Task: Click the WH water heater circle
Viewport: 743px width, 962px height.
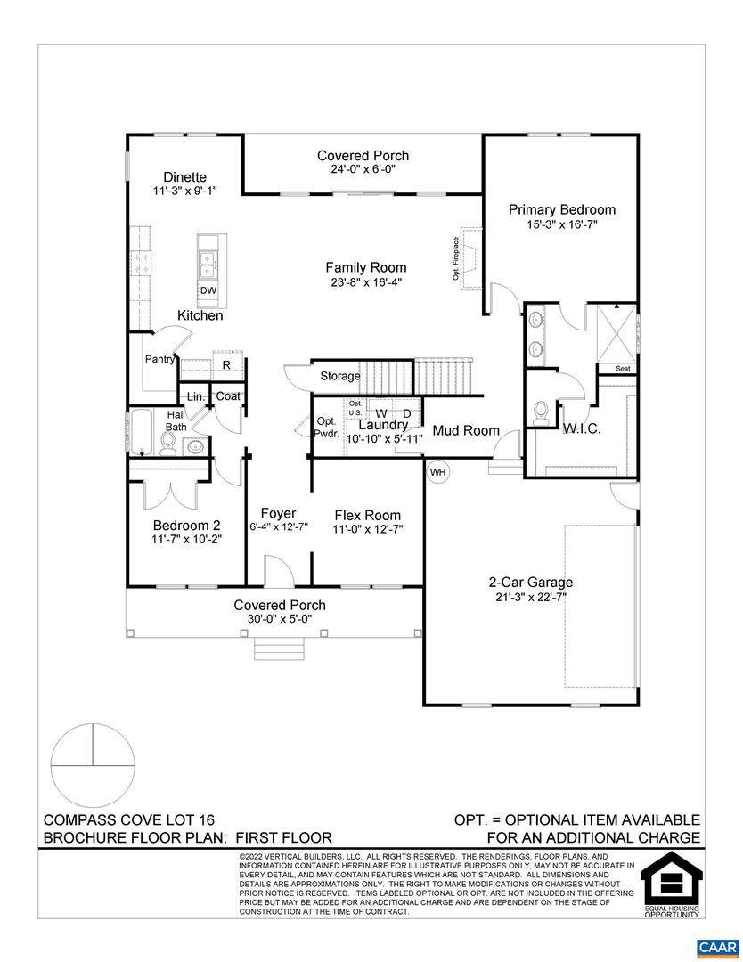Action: click(x=437, y=472)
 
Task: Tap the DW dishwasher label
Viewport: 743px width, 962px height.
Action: click(x=208, y=290)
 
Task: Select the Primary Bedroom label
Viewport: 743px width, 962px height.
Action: click(x=562, y=210)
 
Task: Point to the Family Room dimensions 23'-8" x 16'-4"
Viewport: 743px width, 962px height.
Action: click(x=365, y=283)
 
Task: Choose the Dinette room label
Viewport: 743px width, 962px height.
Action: click(x=184, y=177)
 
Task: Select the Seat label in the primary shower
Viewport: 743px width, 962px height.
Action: click(x=623, y=369)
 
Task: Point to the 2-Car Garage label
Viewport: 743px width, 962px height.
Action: click(x=531, y=583)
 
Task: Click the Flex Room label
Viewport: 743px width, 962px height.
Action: click(x=368, y=516)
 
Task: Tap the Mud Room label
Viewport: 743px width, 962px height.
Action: click(x=466, y=431)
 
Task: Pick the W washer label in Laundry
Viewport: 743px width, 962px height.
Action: click(x=381, y=413)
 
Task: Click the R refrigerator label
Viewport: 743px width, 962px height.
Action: click(x=226, y=365)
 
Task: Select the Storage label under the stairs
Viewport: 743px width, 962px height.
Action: click(x=340, y=376)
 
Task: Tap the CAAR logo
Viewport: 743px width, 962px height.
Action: click(x=717, y=947)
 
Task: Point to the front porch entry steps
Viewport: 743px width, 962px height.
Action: click(x=280, y=648)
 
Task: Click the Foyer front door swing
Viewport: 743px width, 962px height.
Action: click(x=279, y=571)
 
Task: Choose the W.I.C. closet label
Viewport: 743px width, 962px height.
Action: click(x=581, y=428)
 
